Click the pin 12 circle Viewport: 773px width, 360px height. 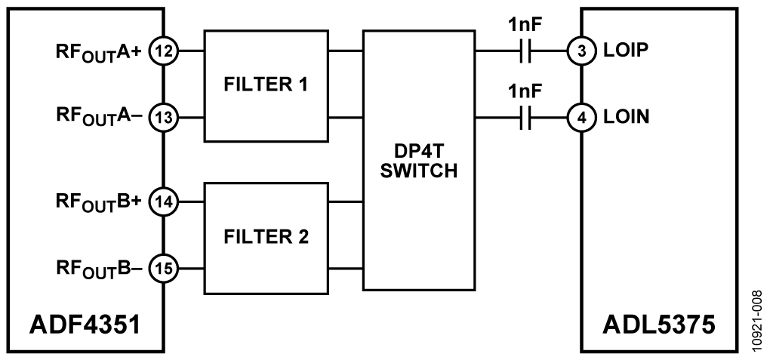[162, 51]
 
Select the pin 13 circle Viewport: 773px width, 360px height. [162, 116]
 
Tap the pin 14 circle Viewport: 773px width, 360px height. [162, 202]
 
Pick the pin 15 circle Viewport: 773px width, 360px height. [162, 266]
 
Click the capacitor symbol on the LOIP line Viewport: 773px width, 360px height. [527, 52]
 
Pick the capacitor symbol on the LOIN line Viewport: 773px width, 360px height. [527, 117]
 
